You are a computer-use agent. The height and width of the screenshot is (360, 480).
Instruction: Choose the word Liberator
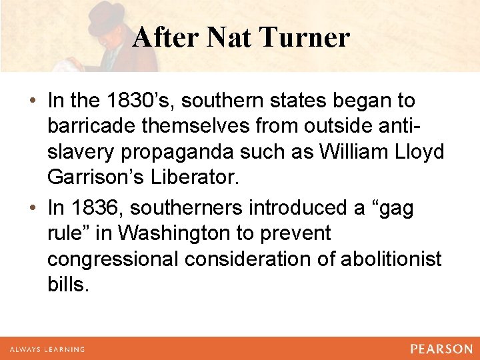pyautogui.click(x=203, y=177)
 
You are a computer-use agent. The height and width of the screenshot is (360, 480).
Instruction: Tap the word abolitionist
pyautogui.click(x=391, y=259)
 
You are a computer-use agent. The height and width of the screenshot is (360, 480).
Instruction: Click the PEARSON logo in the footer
pyautogui.click(x=441, y=349)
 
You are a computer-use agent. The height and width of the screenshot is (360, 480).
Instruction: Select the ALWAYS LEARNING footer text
pyautogui.click(x=47, y=349)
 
